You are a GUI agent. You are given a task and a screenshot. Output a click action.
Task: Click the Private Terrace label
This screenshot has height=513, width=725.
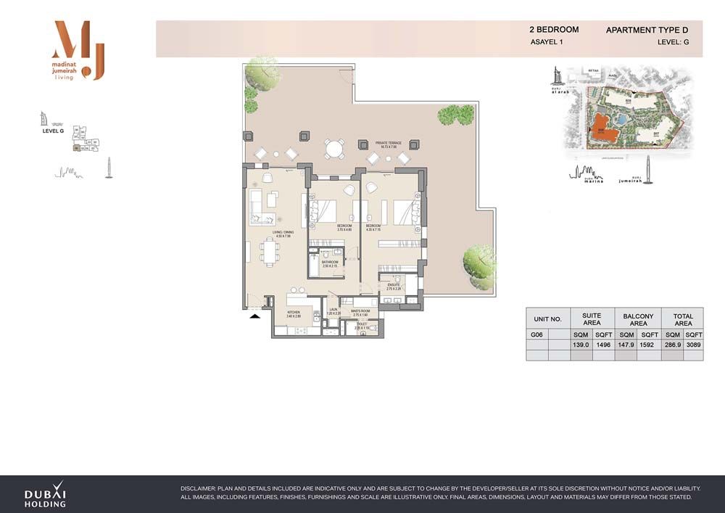(388, 144)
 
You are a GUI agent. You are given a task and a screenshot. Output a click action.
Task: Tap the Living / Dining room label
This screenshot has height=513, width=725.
(281, 234)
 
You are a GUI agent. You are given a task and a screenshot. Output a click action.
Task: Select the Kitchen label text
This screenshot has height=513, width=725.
(293, 314)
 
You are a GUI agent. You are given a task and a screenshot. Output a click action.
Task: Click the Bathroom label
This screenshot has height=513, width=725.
(330, 264)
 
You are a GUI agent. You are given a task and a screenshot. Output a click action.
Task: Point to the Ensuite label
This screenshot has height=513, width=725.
(394, 287)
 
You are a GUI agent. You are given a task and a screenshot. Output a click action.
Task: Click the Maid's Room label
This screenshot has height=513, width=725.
(360, 313)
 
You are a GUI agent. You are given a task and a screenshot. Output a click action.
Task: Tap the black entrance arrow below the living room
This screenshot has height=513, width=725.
(254, 316)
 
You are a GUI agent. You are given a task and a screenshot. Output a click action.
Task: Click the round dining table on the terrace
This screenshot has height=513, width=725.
(333, 149)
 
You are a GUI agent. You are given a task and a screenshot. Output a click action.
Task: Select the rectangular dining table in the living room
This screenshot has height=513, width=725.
(269, 253)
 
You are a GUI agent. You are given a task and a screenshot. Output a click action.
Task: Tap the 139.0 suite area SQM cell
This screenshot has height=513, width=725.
(581, 345)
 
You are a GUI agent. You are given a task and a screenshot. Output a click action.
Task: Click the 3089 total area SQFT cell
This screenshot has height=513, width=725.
(693, 345)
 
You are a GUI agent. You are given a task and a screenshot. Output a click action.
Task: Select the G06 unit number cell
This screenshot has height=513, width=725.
(537, 335)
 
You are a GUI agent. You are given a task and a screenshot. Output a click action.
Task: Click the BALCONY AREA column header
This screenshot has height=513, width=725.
(638, 319)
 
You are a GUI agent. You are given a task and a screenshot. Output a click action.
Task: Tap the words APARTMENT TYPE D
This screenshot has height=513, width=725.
(647, 30)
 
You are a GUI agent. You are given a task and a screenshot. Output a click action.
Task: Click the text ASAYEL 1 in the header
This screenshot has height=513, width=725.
(547, 43)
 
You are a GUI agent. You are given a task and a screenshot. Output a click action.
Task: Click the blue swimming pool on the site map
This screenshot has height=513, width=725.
(621, 118)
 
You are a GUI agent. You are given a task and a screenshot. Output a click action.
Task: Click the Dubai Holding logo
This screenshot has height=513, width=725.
(45, 494)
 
